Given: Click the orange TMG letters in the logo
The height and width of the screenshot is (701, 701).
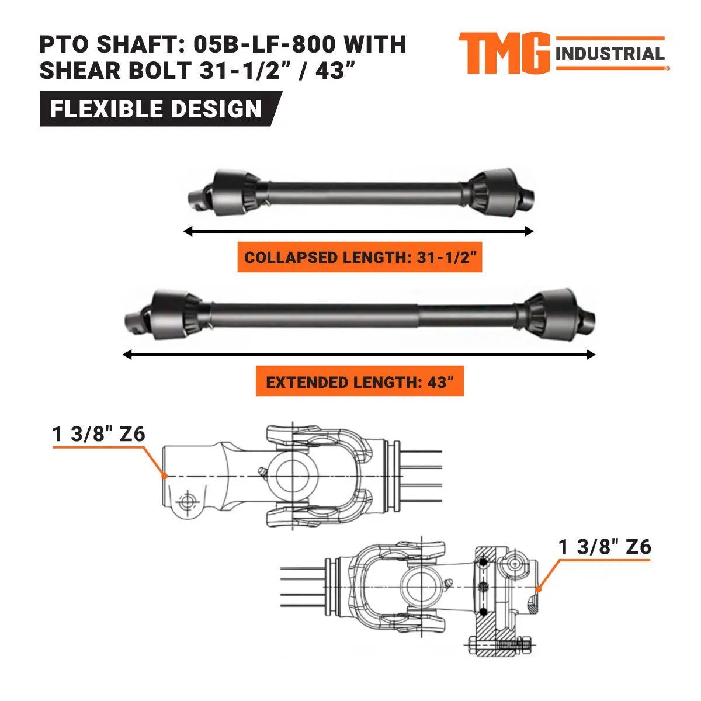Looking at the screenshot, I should (x=504, y=53).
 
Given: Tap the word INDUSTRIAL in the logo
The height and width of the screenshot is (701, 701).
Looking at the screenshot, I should (x=610, y=54).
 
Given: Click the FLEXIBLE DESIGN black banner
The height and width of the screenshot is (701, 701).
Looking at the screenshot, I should (x=157, y=109).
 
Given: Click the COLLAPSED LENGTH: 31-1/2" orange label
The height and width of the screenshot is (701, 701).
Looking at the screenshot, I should (x=359, y=258).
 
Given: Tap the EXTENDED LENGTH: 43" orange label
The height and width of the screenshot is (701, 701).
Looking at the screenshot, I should (x=359, y=383).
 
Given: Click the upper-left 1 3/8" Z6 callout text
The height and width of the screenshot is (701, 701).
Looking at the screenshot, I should (x=99, y=434).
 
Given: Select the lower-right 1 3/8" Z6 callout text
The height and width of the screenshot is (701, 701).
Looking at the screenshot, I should (x=605, y=547).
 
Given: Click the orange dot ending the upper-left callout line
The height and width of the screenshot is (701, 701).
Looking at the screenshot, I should (x=165, y=476).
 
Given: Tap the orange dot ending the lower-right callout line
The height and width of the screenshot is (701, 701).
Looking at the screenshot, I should (x=539, y=589).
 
